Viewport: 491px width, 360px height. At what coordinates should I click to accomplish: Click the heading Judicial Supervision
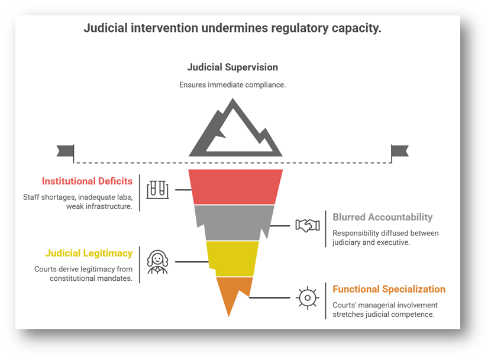click(232, 67)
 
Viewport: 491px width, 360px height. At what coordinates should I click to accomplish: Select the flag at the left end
click(66, 151)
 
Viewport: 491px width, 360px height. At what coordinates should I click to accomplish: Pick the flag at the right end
click(399, 151)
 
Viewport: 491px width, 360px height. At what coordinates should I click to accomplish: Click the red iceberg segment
click(235, 186)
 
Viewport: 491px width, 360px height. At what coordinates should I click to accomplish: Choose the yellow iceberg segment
click(232, 258)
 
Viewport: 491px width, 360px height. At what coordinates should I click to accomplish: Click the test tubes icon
click(157, 190)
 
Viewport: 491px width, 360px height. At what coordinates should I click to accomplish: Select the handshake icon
click(308, 225)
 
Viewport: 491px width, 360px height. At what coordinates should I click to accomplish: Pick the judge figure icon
click(157, 261)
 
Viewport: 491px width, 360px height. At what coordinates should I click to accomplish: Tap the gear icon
click(307, 297)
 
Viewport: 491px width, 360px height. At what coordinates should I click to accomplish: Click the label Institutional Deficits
click(87, 181)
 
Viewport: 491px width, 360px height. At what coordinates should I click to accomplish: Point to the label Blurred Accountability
click(382, 217)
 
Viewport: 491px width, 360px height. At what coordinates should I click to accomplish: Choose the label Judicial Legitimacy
click(89, 253)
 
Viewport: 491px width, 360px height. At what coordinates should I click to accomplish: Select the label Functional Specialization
click(389, 289)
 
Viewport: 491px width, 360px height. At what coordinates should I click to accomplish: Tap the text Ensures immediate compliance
click(232, 85)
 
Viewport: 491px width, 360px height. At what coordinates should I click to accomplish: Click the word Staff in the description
click(32, 197)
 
